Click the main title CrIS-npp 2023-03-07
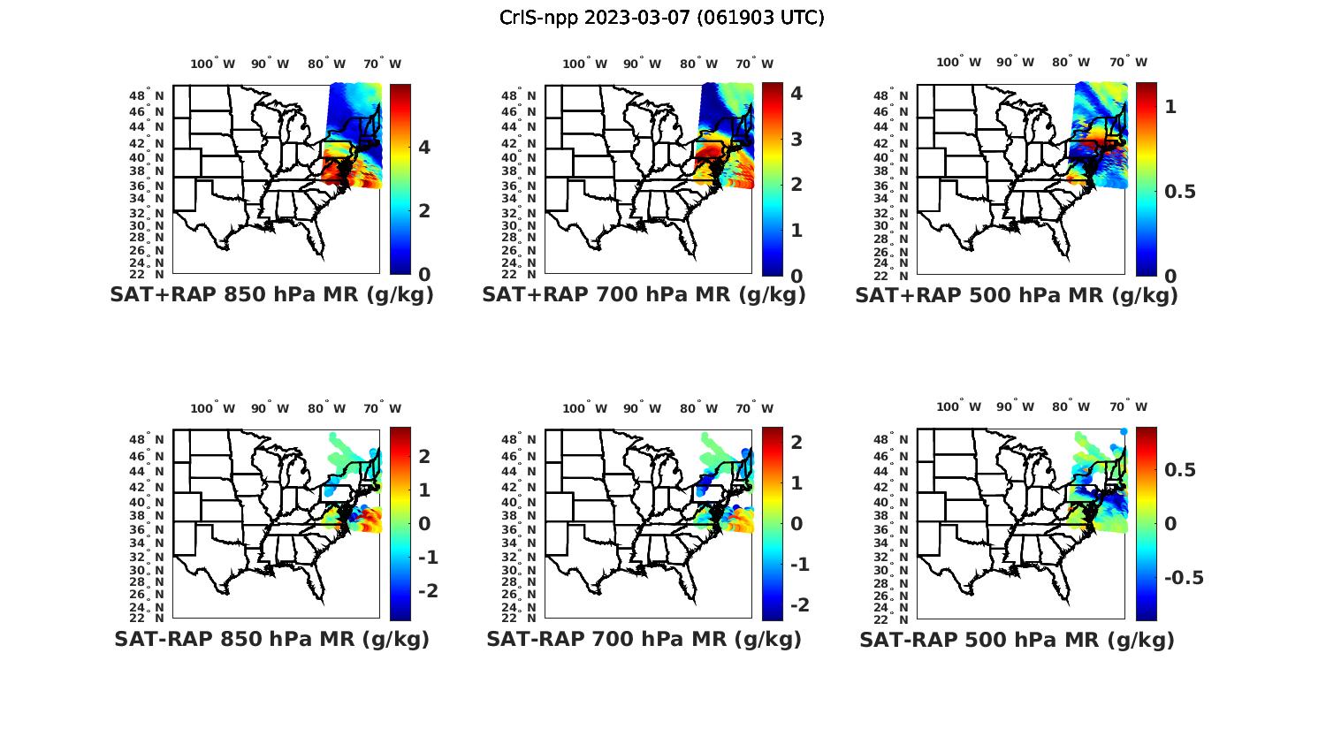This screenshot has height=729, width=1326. pyautogui.click(x=661, y=18)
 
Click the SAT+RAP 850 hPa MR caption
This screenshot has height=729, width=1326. pyautogui.click(x=271, y=295)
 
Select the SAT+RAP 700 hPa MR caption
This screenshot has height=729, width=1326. pyautogui.click(x=644, y=295)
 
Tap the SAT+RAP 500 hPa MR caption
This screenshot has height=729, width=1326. pyautogui.click(x=1017, y=295)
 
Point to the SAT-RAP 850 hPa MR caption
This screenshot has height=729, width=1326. pyautogui.click(x=271, y=639)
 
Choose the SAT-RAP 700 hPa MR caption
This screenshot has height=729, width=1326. pyautogui.click(x=644, y=639)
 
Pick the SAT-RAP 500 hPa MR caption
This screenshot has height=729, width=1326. pyautogui.click(x=1017, y=639)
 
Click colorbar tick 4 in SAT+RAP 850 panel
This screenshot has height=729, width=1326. pyautogui.click(x=424, y=147)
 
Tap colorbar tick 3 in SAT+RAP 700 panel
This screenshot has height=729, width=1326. pyautogui.click(x=796, y=139)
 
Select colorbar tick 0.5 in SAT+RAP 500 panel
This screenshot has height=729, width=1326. pyautogui.click(x=1178, y=192)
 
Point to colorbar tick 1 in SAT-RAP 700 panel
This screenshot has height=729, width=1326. pyautogui.click(x=796, y=482)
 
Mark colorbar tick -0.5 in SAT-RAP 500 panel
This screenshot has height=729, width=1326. pyautogui.click(x=1182, y=578)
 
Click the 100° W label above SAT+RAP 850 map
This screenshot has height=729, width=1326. pyautogui.click(x=212, y=64)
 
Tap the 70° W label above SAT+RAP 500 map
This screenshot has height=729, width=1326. pyautogui.click(x=1128, y=62)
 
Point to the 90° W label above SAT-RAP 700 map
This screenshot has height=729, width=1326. pyautogui.click(x=643, y=408)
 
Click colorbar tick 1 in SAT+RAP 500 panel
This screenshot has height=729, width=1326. pyautogui.click(x=1171, y=107)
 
